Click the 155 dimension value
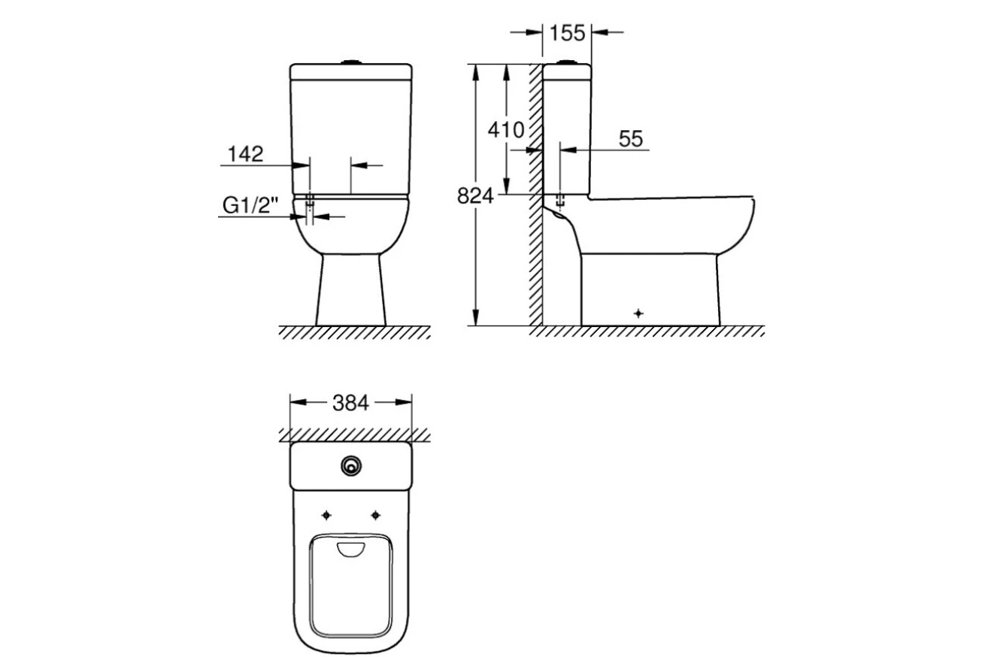point(567,33)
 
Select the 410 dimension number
point(506,130)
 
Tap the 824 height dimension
point(476,197)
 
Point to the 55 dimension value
point(631,138)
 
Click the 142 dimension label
point(246,154)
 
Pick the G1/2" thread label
point(251,205)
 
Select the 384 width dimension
point(351,403)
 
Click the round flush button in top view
point(350,466)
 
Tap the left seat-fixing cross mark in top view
point(326,515)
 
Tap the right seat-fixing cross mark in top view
point(376,515)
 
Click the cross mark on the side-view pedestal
point(638,313)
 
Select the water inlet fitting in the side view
point(560,201)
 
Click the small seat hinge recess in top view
point(351,550)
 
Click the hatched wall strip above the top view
point(353,434)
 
